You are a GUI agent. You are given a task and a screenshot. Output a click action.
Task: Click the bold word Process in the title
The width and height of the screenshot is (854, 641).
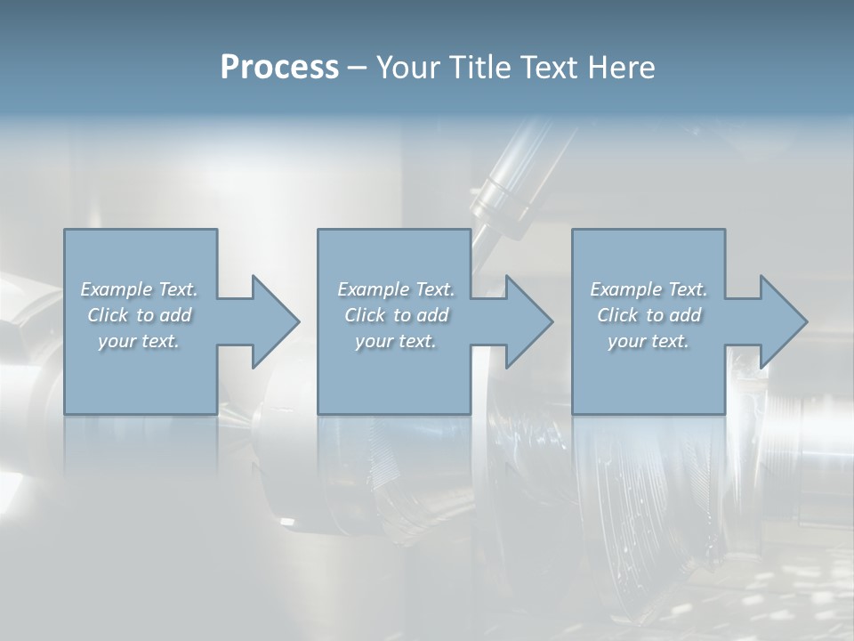coord(279,68)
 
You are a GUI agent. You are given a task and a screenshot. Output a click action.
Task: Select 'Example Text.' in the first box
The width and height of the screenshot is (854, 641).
coord(140,289)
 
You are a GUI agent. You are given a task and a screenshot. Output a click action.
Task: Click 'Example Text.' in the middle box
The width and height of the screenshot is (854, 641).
coord(396,289)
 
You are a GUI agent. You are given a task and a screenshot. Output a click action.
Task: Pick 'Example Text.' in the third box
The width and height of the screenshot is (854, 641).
coord(649,289)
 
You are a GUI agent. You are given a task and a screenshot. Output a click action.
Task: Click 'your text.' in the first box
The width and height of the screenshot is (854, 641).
coord(139,341)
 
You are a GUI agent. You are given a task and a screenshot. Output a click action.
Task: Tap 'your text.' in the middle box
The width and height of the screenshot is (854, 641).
coord(395,341)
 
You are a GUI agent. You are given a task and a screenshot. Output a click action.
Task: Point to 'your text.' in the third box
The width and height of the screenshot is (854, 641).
coord(649,341)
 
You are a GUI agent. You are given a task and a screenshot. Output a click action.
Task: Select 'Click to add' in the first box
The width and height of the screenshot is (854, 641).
coord(140,315)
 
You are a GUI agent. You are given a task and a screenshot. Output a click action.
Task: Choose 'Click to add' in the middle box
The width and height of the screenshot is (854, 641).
coord(396,315)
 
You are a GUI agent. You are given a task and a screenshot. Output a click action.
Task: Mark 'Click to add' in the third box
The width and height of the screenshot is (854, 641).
coord(649,315)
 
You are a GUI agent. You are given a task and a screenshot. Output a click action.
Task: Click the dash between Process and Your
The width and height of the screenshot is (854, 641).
coord(357,68)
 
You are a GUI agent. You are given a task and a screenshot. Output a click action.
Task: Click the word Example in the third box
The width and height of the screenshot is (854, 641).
coord(626,289)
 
